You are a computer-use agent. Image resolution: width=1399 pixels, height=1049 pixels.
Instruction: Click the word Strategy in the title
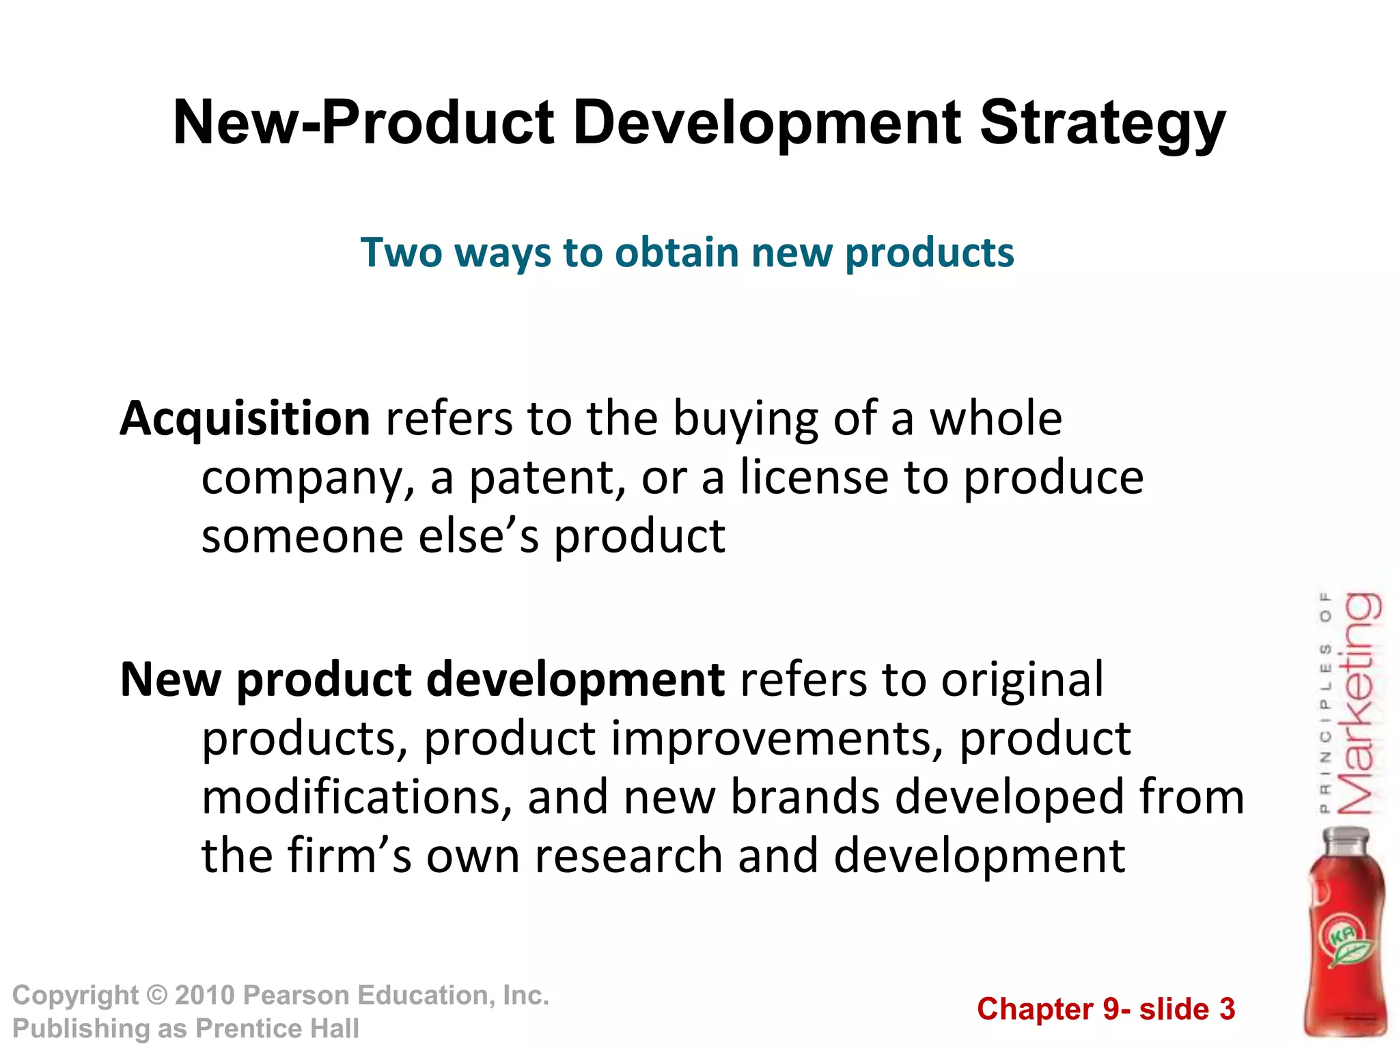(x=1103, y=124)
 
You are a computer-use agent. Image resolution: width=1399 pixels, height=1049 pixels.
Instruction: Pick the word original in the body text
(x=1022, y=680)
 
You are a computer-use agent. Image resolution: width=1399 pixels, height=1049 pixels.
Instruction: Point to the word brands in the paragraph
(x=805, y=798)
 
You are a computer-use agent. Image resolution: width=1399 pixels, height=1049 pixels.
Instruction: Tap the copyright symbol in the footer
(x=157, y=996)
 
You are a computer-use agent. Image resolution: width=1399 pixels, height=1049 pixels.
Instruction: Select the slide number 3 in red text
(x=1227, y=1009)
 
